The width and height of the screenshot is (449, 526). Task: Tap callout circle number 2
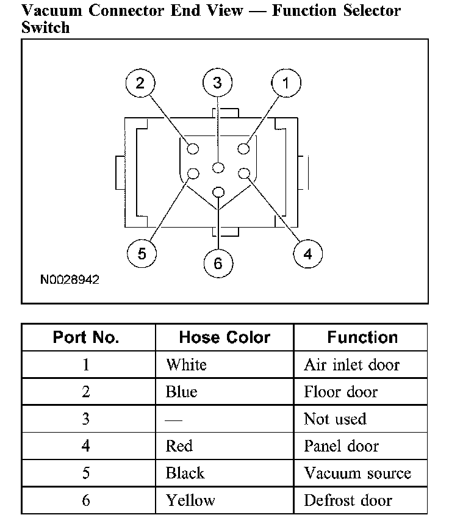[141, 84]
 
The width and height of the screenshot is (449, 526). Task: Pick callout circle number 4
[307, 253]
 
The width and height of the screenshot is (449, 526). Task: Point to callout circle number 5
[142, 253]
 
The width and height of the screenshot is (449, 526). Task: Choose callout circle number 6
[218, 264]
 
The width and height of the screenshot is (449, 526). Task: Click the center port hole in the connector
[218, 168]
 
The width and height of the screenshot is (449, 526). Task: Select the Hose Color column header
[224, 337]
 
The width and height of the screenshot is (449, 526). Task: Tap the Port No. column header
[86, 337]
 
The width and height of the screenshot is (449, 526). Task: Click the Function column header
[362, 337]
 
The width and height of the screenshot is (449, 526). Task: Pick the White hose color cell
[187, 365]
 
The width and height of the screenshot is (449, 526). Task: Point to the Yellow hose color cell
[190, 500]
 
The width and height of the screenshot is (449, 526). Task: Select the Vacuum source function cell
[357, 474]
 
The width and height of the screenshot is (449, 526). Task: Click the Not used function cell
[335, 419]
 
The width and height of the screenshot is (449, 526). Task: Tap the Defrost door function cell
[348, 500]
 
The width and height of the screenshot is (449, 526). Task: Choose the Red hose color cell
[179, 446]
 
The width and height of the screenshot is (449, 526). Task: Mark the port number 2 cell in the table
[86, 392]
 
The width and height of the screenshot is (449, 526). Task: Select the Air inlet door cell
[351, 365]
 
